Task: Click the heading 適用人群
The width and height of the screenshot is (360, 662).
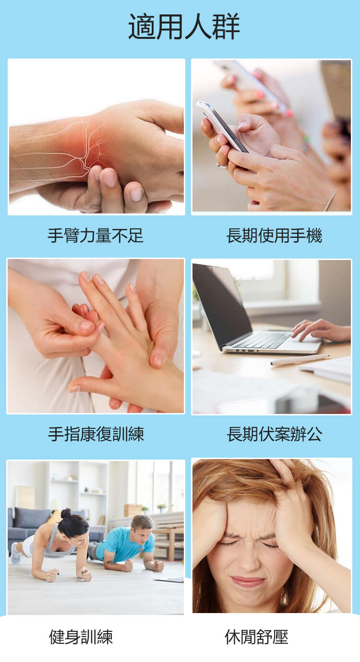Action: click(x=184, y=26)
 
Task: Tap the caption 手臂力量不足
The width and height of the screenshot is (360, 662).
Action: click(x=96, y=236)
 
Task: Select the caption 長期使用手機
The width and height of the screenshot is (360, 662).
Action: click(x=274, y=236)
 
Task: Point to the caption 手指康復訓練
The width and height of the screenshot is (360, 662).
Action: click(x=96, y=434)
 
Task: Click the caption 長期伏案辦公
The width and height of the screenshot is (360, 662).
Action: click(x=275, y=434)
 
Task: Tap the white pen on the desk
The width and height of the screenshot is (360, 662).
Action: click(x=300, y=360)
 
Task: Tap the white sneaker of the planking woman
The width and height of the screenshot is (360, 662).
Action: click(x=15, y=553)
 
